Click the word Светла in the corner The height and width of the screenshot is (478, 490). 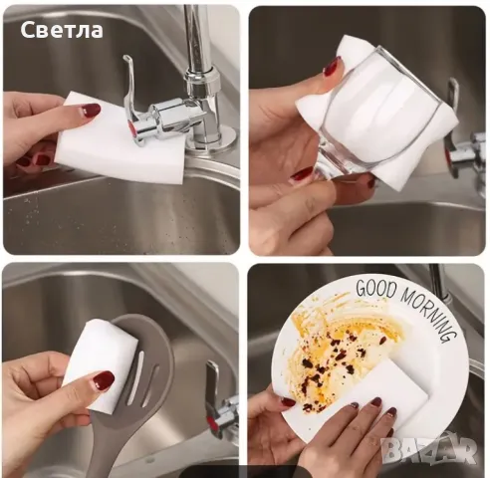(62, 30)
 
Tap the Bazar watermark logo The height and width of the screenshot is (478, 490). (427, 449)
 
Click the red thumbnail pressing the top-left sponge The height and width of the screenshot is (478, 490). (91, 111)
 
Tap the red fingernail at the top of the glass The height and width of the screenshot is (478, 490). (330, 67)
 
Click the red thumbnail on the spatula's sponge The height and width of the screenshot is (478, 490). (103, 380)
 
